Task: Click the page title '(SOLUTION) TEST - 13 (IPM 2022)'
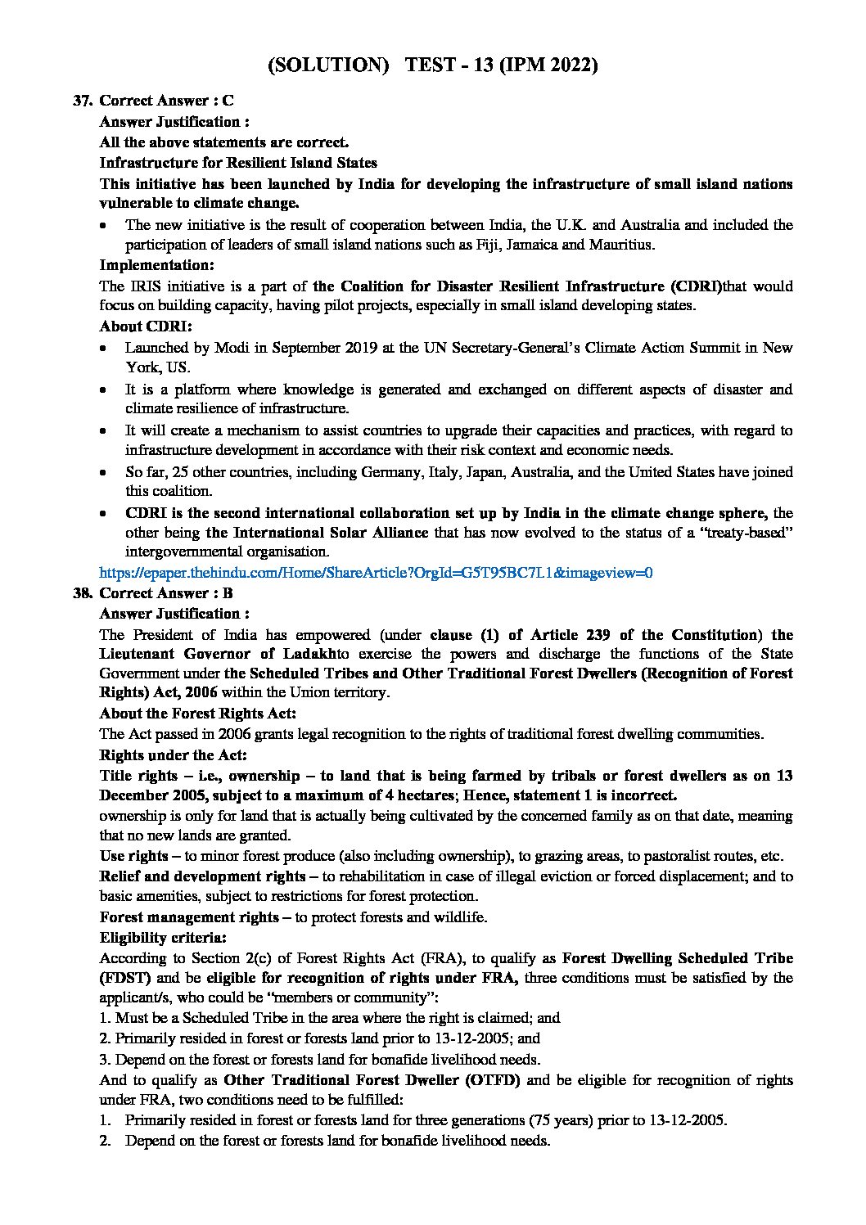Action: (433, 65)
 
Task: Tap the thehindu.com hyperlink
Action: (375, 573)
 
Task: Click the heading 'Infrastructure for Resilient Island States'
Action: (238, 163)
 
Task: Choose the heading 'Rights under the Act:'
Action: (173, 754)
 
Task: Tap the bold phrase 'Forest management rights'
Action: (189, 917)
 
